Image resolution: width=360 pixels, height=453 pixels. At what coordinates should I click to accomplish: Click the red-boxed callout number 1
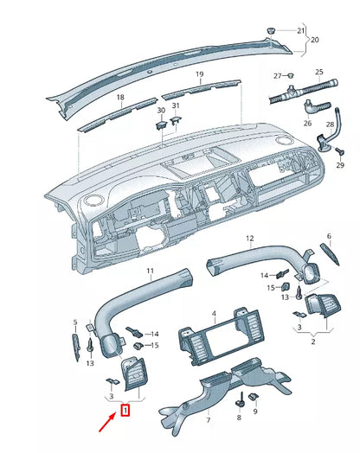[x=125, y=410]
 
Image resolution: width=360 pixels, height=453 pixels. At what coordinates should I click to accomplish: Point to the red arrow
[x=108, y=423]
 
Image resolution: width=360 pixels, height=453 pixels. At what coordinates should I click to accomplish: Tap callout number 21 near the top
[x=301, y=30]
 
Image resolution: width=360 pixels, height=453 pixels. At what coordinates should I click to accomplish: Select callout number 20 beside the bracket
[x=315, y=39]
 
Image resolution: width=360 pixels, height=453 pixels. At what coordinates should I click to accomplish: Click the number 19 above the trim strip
[x=200, y=74]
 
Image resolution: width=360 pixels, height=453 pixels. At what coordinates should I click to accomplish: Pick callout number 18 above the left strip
[x=120, y=97]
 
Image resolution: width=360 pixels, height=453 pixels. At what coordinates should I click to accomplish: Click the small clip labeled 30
[x=161, y=125]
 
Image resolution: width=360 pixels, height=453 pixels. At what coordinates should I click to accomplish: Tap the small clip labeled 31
[x=176, y=119]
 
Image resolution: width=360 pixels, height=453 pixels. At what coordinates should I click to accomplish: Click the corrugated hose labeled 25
[x=304, y=91]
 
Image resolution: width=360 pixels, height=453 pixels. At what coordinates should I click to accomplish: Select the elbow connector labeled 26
[x=316, y=106]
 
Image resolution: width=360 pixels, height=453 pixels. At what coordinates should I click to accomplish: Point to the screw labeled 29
[x=340, y=151]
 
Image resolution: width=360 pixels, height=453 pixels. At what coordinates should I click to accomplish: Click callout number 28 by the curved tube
[x=330, y=124]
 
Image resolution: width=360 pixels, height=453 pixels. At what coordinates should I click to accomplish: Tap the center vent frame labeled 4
[x=222, y=337]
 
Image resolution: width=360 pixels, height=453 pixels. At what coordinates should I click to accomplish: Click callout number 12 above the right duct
[x=250, y=239]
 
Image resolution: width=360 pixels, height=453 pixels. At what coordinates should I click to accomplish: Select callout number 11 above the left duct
[x=150, y=271]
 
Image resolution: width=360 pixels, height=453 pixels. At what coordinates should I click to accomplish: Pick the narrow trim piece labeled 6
[x=330, y=254]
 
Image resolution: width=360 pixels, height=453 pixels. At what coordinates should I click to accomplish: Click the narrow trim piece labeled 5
[x=76, y=348]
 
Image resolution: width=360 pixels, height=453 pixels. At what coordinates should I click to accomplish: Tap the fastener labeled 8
[x=240, y=401]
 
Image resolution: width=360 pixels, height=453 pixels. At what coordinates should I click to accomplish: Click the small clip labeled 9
[x=254, y=397]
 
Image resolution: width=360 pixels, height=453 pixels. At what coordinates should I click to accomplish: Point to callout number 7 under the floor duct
[x=209, y=420]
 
